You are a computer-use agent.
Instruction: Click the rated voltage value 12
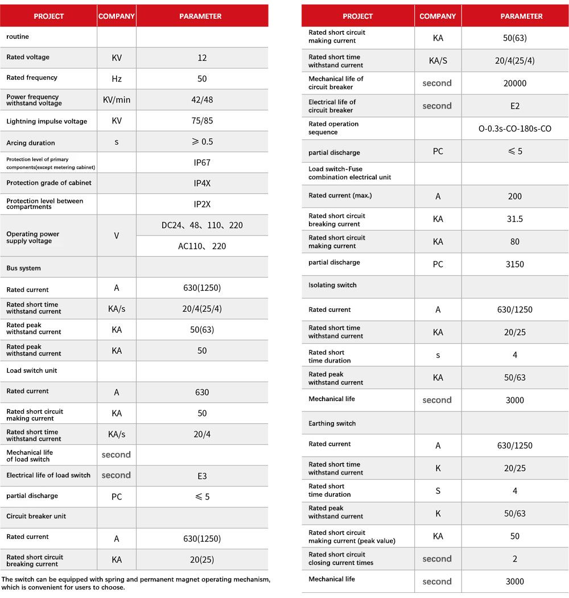pos(202,58)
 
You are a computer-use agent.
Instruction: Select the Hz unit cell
pos(117,79)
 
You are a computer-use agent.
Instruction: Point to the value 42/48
pos(202,100)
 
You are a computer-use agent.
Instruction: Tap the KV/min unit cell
pos(117,100)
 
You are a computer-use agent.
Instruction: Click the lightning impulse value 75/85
pos(202,121)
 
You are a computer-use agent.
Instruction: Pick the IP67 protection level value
pos(202,163)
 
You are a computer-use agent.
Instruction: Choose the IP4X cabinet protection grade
pos(202,183)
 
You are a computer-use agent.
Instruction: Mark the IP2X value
pos(202,204)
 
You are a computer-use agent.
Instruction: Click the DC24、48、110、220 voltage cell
pos(202,225)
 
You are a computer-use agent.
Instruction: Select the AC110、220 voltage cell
pos(202,246)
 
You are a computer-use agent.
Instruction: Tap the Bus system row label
pos(24,268)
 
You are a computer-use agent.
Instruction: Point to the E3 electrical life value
pos(202,476)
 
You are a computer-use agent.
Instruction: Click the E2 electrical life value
pos(515,106)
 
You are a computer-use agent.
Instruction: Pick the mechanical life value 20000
pos(515,83)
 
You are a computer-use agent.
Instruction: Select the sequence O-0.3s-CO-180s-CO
pos(515,129)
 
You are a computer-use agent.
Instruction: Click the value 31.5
pos(515,219)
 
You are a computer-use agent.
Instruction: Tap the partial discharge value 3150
pos(515,265)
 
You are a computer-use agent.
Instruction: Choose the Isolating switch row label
pos(332,285)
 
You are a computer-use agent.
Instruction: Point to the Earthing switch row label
pos(332,423)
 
